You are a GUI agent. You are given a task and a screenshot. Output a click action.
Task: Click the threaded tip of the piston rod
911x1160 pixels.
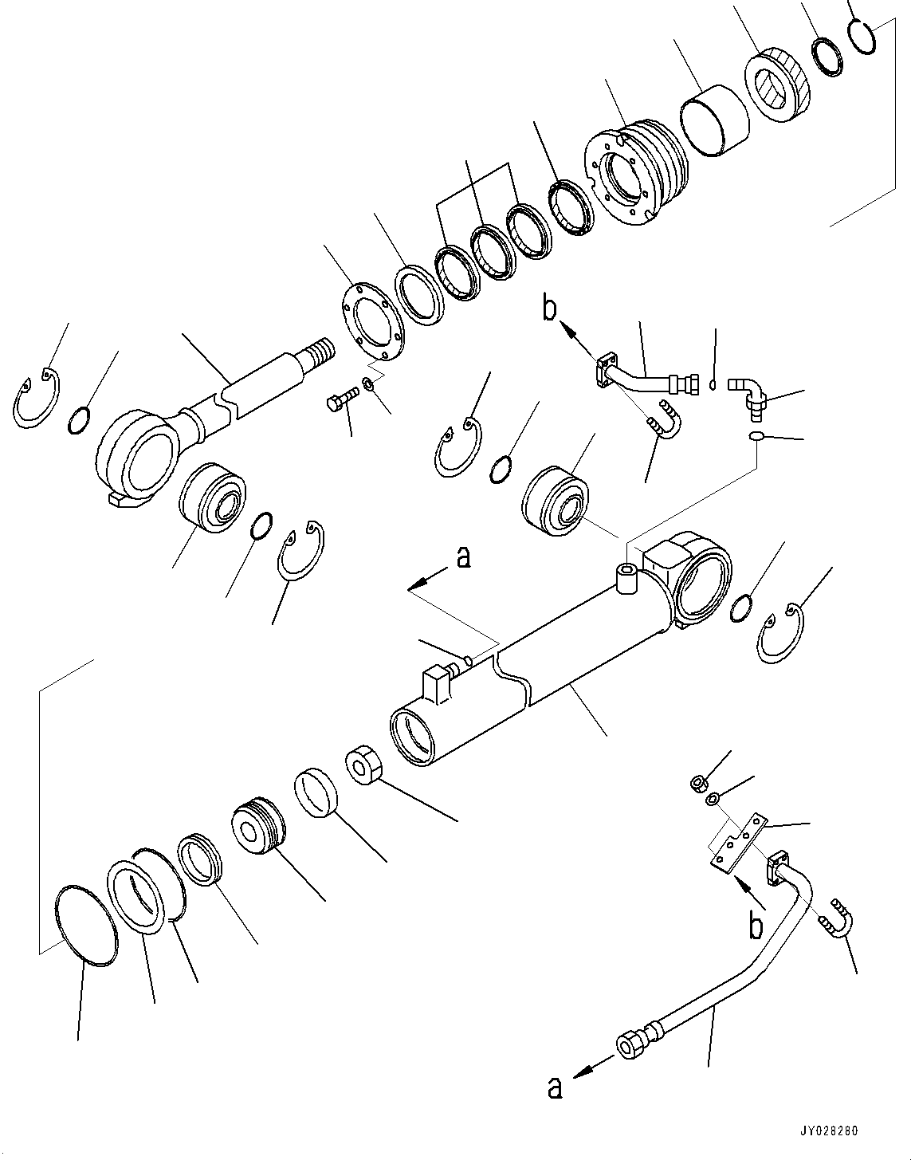tap(323, 352)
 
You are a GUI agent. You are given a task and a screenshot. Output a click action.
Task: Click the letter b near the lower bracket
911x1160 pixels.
tap(755, 926)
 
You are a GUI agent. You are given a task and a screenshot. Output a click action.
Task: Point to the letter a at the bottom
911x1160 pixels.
tap(556, 1088)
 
